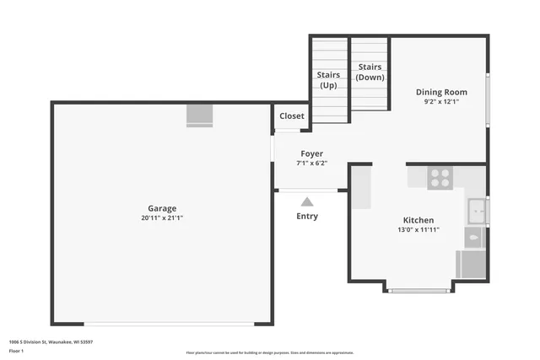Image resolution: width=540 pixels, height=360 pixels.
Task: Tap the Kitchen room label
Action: click(418, 219)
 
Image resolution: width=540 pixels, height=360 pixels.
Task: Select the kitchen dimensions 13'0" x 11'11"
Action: click(418, 229)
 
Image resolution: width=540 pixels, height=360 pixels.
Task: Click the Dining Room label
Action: click(441, 92)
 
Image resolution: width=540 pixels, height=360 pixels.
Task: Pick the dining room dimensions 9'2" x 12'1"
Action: click(441, 102)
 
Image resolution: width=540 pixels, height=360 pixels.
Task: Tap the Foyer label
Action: click(312, 153)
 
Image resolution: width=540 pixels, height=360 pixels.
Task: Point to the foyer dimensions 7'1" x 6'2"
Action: click(312, 164)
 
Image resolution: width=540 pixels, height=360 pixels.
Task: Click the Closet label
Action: click(292, 116)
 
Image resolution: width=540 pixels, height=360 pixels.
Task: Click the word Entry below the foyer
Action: click(308, 217)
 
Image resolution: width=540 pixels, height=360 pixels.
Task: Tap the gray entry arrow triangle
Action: click(307, 201)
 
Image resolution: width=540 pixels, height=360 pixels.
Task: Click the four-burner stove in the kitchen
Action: click(440, 178)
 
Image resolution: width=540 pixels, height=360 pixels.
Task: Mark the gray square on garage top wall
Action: click(200, 115)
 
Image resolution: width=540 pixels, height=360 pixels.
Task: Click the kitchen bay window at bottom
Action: click(419, 290)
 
